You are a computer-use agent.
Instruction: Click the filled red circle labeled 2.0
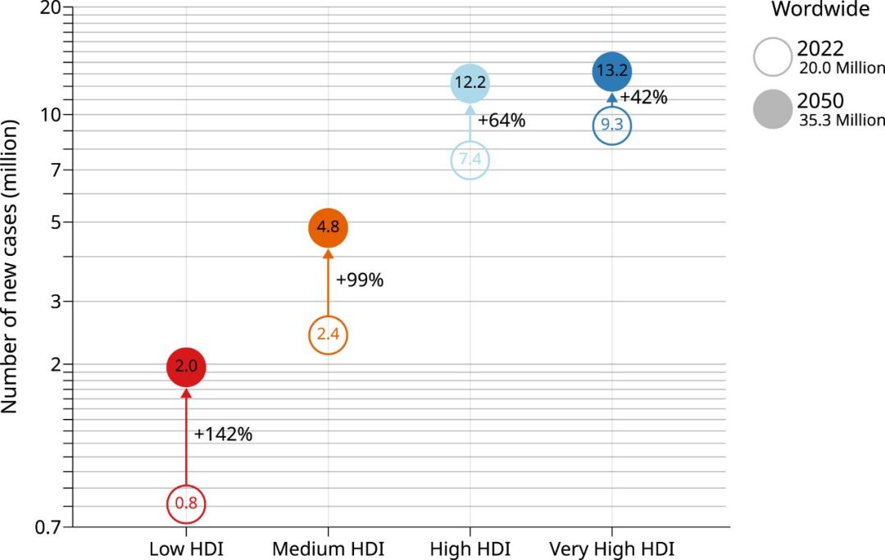point(186,367)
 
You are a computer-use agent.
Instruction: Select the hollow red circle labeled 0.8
point(186,503)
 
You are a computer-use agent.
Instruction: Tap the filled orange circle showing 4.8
point(328,228)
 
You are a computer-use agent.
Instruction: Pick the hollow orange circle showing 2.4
point(328,335)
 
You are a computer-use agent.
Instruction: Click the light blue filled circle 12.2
point(470,83)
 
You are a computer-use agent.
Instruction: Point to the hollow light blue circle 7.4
point(470,159)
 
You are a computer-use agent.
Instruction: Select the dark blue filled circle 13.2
point(611,71)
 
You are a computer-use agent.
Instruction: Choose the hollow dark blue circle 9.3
point(611,125)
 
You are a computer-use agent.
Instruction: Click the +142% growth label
point(223,435)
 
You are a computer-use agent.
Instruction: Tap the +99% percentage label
point(360,280)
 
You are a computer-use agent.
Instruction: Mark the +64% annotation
point(501,121)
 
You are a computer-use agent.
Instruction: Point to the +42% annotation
point(643,97)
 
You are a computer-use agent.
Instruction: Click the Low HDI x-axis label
point(186,549)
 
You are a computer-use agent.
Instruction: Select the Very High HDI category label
point(611,549)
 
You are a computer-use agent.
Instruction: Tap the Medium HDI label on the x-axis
point(328,549)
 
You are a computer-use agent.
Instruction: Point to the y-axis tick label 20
point(50,7)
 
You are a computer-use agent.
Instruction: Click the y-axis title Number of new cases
point(11,266)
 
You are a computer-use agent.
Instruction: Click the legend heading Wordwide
point(820,10)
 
